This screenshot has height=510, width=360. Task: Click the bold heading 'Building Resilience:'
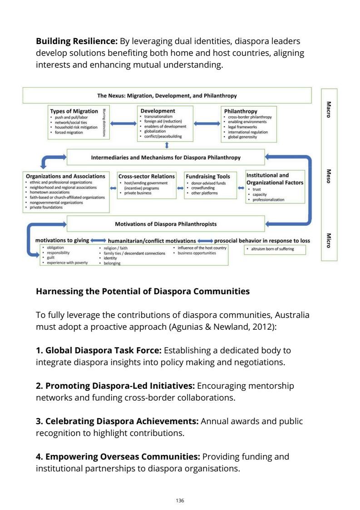[76, 41]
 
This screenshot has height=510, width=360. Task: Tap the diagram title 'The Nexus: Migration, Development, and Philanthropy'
[167, 96]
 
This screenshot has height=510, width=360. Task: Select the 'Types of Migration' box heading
[74, 111]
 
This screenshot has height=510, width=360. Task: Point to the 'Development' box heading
[158, 110]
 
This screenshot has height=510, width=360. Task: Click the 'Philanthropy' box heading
[241, 111]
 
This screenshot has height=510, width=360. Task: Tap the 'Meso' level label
[329, 175]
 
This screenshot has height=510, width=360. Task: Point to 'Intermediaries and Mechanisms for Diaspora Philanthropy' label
[166, 158]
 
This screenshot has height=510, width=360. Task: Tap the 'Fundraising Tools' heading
[207, 176]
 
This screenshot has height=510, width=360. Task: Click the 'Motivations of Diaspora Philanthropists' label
[166, 223]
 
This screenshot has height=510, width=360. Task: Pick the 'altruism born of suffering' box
[275, 249]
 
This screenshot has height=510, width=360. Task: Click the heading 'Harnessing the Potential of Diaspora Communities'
[143, 292]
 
